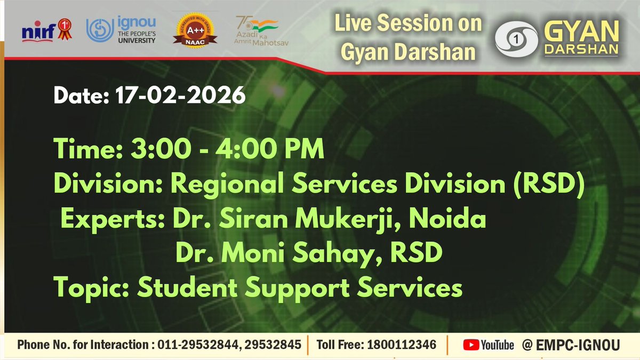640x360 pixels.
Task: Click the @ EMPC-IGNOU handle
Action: [571, 345]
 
